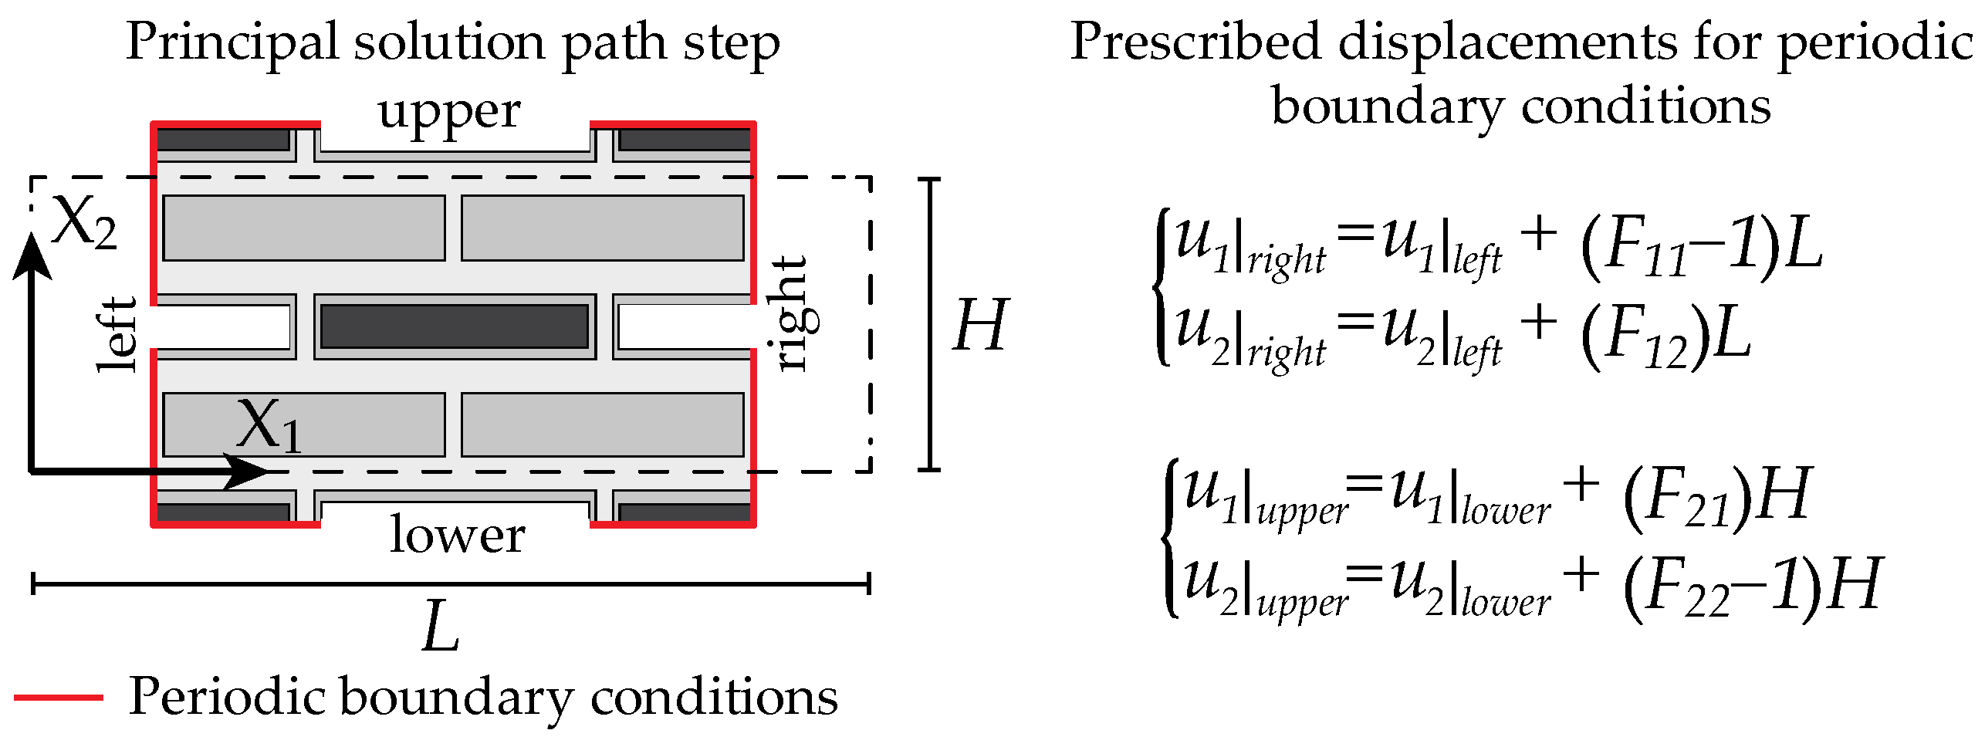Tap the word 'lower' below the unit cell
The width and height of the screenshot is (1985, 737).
pyautogui.click(x=457, y=534)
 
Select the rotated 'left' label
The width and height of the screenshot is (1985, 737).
pyautogui.click(x=118, y=334)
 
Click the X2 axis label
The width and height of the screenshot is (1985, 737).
pyautogui.click(x=84, y=223)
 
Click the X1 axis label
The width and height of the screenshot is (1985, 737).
pyautogui.click(x=269, y=425)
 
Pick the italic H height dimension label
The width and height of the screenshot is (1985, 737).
pyautogui.click(x=980, y=325)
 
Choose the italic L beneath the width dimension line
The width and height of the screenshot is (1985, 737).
pyautogui.click(x=441, y=627)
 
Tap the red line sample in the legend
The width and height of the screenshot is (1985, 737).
pyautogui.click(x=59, y=698)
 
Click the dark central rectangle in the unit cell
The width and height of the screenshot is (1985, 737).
pyautogui.click(x=455, y=326)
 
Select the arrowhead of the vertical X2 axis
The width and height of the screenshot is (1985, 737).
pyautogui.click(x=32, y=255)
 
